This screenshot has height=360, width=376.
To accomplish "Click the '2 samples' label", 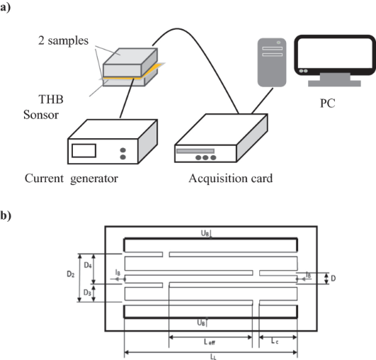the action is pos(63,40).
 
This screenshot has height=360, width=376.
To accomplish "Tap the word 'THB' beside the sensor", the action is pos(51,99).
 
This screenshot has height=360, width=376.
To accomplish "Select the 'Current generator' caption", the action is pos(72,179).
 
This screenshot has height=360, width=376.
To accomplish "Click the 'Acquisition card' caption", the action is pos(231,179).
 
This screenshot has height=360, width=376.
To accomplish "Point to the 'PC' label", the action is pos(328,103).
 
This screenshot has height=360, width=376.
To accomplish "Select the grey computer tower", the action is pos(272,62).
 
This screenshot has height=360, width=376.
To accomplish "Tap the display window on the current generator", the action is pos(84,151).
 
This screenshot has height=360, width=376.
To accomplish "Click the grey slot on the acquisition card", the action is pos(195,151).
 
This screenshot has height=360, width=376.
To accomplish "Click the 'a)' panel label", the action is pos(5,7).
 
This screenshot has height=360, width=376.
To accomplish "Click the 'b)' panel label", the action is pos(6,215).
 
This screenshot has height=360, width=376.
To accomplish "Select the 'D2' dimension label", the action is pos(71,274).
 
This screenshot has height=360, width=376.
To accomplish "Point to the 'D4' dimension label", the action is pos(88,265).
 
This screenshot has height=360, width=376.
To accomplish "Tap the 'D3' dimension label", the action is pos(87,293).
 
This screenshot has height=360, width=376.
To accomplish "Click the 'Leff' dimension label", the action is pos(210,342).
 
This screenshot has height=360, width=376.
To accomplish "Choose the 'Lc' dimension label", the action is pos(275,341).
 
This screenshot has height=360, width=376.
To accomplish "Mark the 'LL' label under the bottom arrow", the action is pos(213,357).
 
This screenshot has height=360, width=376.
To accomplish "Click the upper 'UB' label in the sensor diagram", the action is pos(205,233).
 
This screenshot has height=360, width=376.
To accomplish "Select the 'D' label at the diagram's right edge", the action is pos(333,279).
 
